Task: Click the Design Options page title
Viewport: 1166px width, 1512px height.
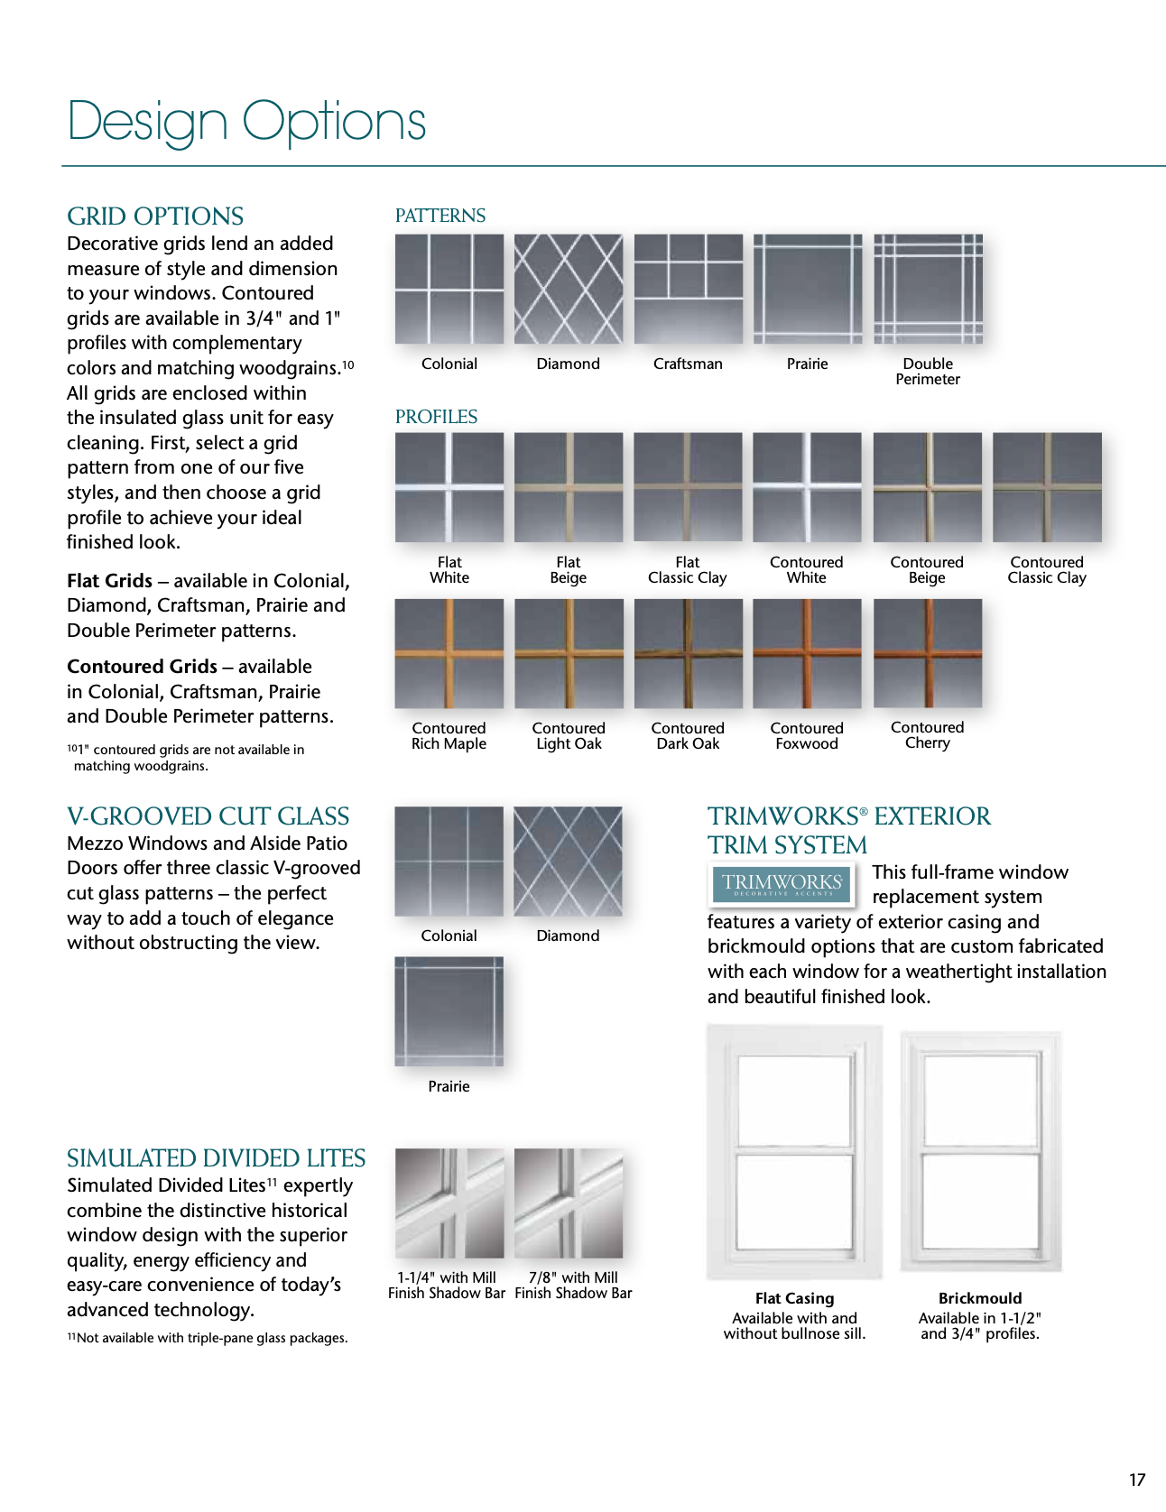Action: [x=246, y=122]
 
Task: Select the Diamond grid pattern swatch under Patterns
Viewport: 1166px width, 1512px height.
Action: [x=569, y=289]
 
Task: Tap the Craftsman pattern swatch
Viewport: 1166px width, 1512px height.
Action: [x=688, y=289]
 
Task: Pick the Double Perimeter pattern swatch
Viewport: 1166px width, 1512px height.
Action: [x=928, y=289]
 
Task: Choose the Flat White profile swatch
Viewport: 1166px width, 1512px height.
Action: [x=449, y=487]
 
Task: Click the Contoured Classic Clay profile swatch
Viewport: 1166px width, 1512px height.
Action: [x=1047, y=487]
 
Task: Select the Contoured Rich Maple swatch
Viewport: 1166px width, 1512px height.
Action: [x=449, y=653]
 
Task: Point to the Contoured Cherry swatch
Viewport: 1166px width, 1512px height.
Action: [x=928, y=653]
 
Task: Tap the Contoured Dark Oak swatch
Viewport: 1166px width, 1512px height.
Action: [x=688, y=653]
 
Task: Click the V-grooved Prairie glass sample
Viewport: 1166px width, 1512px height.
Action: [x=449, y=1011]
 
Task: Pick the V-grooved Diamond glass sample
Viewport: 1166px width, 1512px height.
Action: [x=569, y=862]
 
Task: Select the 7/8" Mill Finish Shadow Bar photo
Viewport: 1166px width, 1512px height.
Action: [x=569, y=1203]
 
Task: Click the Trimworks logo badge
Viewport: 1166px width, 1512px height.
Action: [x=782, y=883]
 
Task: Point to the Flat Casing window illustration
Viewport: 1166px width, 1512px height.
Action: [x=794, y=1151]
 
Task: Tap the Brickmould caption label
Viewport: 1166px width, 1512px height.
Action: [x=980, y=1298]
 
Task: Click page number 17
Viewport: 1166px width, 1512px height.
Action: [x=1137, y=1480]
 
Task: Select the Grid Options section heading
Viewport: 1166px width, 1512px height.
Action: [x=155, y=217]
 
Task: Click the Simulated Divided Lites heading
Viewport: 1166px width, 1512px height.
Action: [x=216, y=1158]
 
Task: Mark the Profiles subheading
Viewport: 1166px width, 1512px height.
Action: [x=436, y=417]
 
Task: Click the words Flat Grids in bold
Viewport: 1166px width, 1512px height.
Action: [x=109, y=581]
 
